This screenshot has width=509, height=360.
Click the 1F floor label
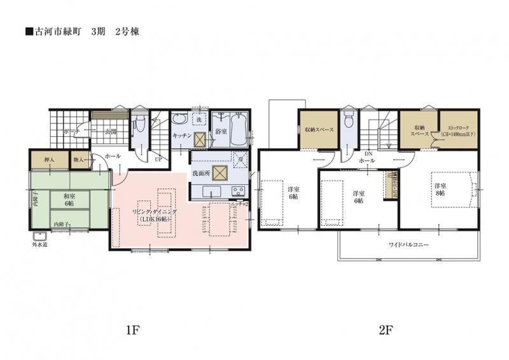point(132,329)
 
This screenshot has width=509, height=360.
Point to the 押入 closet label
point(48,161)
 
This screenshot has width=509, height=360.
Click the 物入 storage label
point(79,161)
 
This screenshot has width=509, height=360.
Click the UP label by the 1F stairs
point(158,160)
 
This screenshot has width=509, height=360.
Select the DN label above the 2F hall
point(367,155)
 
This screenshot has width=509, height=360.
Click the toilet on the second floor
point(348,122)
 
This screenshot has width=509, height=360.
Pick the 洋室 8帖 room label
point(440,189)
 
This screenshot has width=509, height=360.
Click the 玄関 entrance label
point(110,132)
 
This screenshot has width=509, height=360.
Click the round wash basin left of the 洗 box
point(179,120)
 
